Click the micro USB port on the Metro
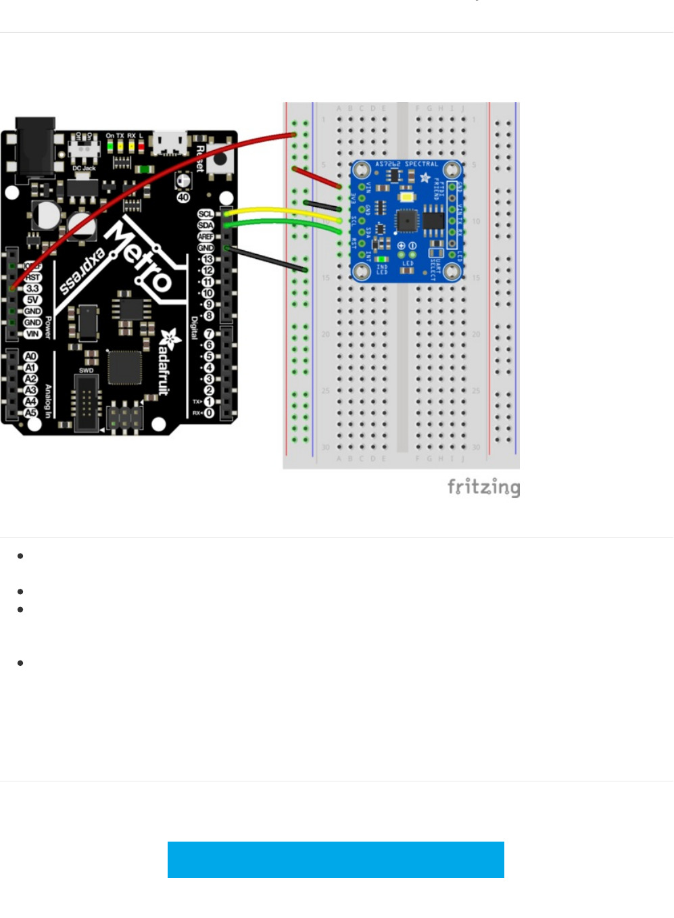pyautogui.click(x=170, y=143)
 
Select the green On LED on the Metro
pyautogui.click(x=110, y=145)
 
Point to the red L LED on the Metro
pyautogui.click(x=141, y=145)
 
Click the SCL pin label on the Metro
pyautogui.click(x=206, y=214)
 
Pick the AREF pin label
pyautogui.click(x=206, y=237)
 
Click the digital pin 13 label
pyautogui.click(x=208, y=260)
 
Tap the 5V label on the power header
pyautogui.click(x=32, y=300)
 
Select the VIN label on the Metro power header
pyautogui.click(x=32, y=334)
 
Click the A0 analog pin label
pyautogui.click(x=30, y=356)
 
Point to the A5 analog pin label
pyautogui.click(x=30, y=412)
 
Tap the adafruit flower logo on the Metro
pyautogui.click(x=169, y=339)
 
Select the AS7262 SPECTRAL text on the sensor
pyautogui.click(x=406, y=164)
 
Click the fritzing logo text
pyautogui.click(x=483, y=487)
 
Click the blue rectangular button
pyautogui.click(x=335, y=859)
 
